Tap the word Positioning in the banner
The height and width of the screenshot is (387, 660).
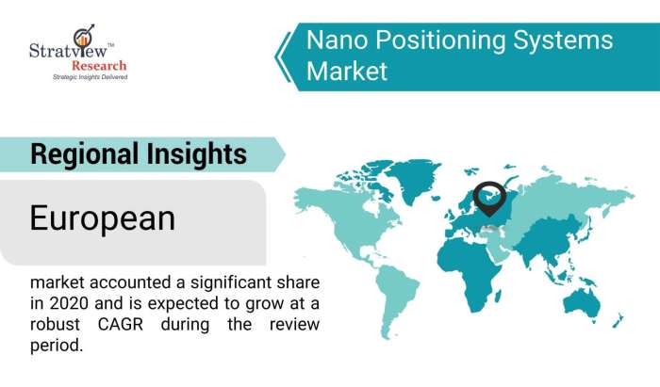(x=440, y=41)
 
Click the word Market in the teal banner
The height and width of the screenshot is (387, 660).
(x=346, y=71)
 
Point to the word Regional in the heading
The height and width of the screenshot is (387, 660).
(x=85, y=154)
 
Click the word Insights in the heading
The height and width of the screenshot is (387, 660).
(x=196, y=154)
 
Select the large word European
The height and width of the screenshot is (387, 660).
(x=102, y=218)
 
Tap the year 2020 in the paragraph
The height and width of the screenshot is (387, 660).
(x=68, y=303)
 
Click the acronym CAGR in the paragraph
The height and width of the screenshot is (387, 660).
(x=121, y=325)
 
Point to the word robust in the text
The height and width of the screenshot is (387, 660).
(x=55, y=325)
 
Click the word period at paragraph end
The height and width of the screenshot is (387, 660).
(x=57, y=347)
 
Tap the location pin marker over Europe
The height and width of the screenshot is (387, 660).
(x=489, y=199)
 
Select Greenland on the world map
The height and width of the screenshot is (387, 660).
(x=413, y=180)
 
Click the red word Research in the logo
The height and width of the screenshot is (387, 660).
(x=99, y=66)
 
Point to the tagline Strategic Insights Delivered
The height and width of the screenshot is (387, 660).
(x=91, y=77)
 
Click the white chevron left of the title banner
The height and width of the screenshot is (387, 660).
(x=283, y=56)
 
